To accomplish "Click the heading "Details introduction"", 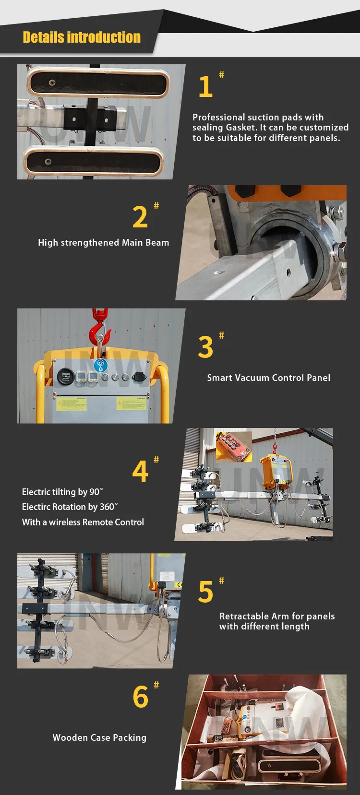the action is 82,37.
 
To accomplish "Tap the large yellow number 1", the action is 205,86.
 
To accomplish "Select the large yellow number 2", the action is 140,217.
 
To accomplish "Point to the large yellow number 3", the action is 205,347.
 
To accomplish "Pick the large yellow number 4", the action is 140,471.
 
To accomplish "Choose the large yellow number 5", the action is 205,592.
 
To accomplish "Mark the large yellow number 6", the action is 140,697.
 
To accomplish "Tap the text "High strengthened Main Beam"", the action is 104,243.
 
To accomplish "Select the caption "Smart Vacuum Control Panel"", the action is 269,378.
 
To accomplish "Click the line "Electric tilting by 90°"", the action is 62,492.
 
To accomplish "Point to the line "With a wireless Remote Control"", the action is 83,522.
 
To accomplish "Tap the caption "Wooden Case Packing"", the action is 99,737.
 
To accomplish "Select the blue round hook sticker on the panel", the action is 101,365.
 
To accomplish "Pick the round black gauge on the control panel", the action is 66,377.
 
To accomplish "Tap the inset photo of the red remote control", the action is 234,447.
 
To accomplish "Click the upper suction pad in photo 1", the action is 98,83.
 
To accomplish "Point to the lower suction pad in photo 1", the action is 94,162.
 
